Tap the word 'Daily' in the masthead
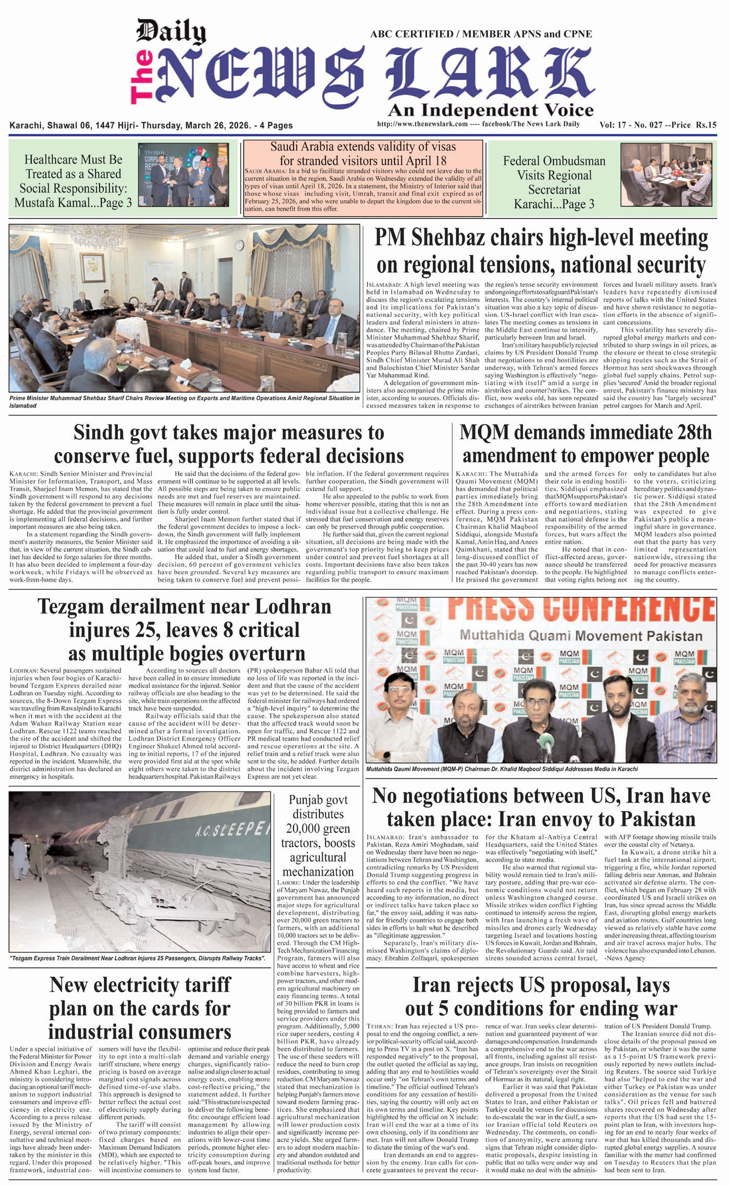point(171,32)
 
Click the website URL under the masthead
point(422,124)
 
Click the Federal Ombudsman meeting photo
point(666,175)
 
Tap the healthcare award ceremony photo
point(183,175)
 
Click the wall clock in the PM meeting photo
point(239,245)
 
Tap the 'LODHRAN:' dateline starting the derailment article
point(23,671)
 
